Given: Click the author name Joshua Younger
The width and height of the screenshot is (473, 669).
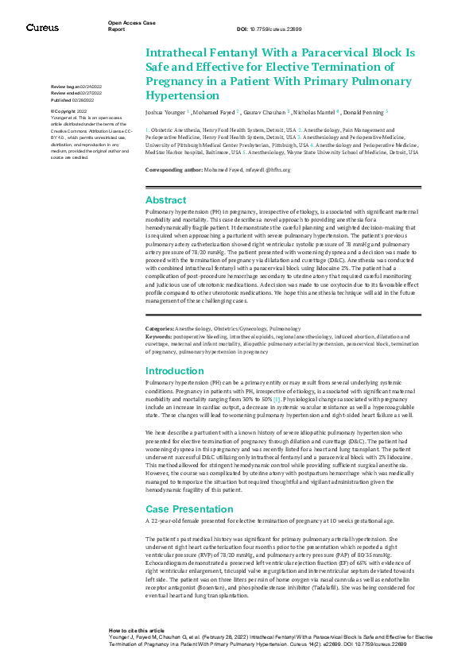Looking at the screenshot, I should coord(165,114).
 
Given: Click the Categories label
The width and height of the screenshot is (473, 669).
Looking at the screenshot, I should coord(159,327).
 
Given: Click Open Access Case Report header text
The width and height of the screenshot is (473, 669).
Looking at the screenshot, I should coord(126,25).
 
